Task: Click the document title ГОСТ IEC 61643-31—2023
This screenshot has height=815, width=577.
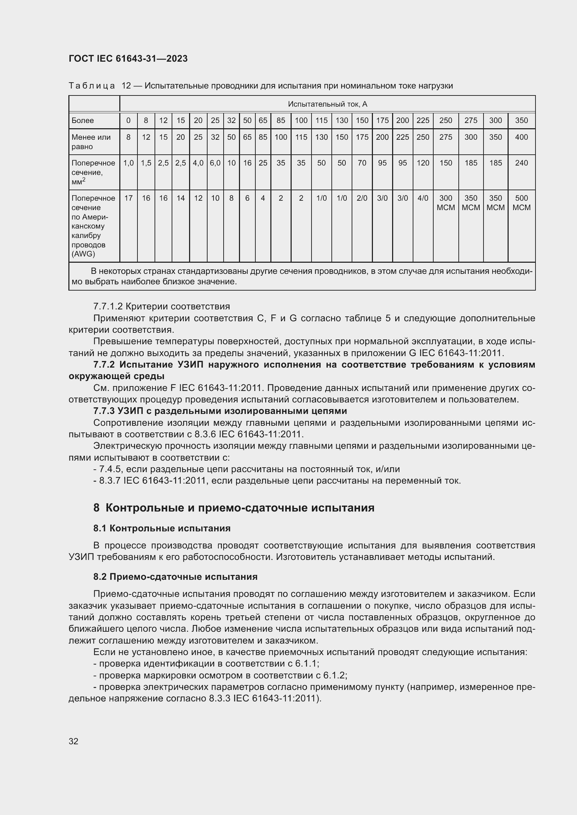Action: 128,59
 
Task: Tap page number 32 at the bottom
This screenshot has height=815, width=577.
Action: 74,741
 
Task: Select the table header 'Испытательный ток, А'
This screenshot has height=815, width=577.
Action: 327,104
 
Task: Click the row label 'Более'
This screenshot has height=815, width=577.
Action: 83,120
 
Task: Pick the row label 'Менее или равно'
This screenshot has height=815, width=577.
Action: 91,141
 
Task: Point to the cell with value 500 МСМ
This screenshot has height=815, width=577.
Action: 521,203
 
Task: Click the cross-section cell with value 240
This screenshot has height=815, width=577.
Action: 521,163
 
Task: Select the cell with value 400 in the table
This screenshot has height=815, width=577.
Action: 521,137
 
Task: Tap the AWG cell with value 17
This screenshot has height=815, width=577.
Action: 128,198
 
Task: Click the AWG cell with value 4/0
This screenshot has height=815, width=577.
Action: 423,198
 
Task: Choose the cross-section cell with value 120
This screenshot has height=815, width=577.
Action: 423,163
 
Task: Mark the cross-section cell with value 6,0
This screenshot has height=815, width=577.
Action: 215,163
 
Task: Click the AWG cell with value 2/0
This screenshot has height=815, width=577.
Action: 362,198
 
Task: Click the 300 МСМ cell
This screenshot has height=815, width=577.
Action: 445,203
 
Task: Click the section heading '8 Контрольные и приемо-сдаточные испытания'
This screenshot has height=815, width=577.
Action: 234,508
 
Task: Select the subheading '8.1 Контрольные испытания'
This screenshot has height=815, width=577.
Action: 162,528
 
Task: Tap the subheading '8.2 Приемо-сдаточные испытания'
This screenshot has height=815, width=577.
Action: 175,577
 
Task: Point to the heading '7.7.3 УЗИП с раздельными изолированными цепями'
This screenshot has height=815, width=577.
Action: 220,411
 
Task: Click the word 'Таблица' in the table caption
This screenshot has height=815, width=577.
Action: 92,86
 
